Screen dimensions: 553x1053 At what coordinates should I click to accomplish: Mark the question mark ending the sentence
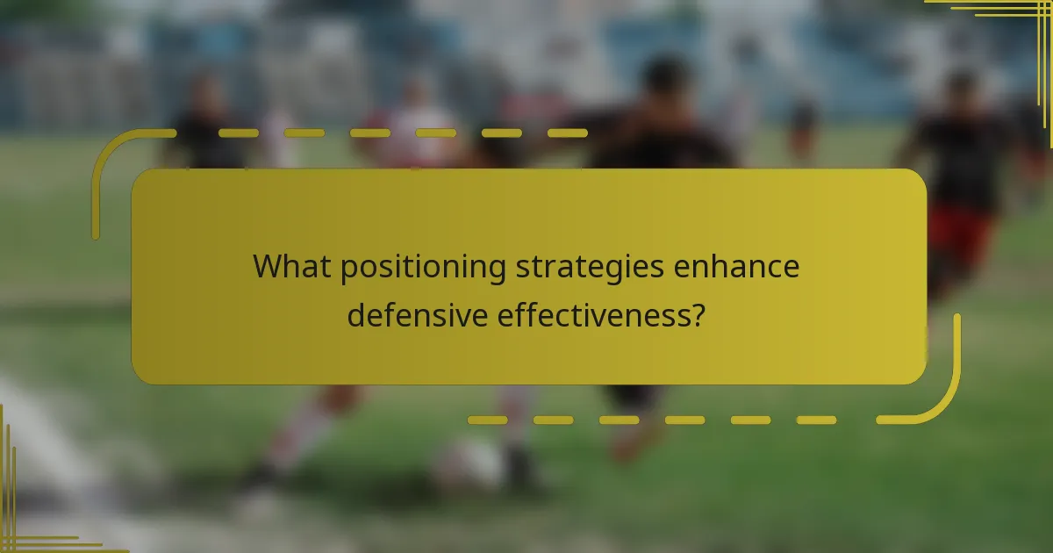(696, 314)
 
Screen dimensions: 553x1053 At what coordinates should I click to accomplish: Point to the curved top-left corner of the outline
(110, 154)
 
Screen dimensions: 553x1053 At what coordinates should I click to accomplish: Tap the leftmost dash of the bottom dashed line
(487, 420)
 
